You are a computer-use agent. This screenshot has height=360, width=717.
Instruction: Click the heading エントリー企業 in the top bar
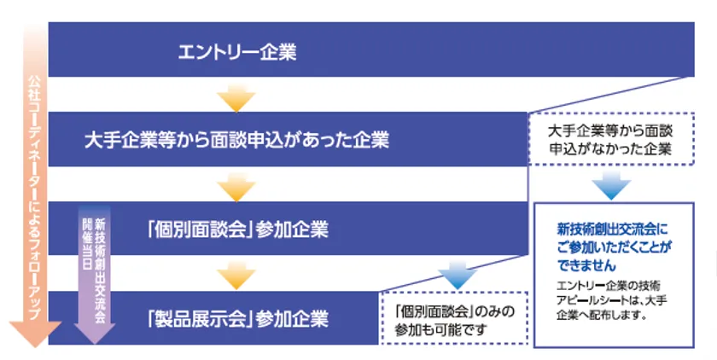pos(237,52)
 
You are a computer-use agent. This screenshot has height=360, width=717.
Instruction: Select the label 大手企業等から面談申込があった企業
pos(237,139)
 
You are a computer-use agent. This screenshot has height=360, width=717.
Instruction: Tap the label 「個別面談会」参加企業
pos(237,229)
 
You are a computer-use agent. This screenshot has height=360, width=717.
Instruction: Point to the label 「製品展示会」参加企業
pos(237,318)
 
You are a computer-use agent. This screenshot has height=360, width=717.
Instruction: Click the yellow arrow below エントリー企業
pos(236,98)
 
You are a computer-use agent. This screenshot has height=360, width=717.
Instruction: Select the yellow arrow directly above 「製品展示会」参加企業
pos(236,276)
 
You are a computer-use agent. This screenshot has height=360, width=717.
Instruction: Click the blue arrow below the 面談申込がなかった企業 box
pos(611,186)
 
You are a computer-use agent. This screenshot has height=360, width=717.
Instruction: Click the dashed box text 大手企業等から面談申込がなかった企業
pos(610,140)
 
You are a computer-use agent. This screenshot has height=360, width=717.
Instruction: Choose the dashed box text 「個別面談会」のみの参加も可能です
pos(454,321)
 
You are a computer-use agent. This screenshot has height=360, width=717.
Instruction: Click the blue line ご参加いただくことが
pos(614,247)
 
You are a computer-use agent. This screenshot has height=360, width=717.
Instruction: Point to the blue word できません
pos(586,265)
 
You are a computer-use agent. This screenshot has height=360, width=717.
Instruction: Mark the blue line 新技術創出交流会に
pos(612,229)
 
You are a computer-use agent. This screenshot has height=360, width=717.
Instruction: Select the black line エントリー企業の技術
pos(608,287)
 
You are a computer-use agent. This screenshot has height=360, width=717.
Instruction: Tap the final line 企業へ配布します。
pos(602,316)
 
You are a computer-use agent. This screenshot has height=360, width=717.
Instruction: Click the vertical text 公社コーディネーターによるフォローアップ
pos(35,197)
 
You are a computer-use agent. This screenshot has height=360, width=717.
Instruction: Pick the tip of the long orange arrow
pos(35,347)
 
